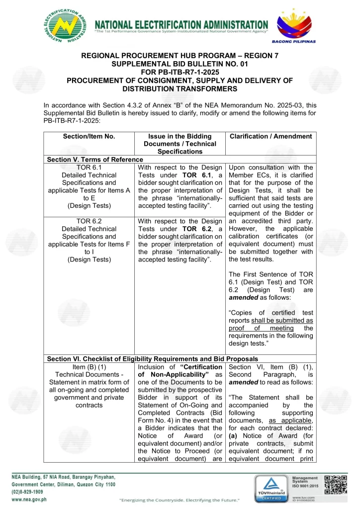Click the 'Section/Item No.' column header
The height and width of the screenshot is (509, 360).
(x=89, y=136)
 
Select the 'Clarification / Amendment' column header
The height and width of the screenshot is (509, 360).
(x=269, y=136)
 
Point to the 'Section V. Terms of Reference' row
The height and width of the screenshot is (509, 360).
(x=94, y=160)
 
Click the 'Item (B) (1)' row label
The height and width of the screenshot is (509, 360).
(x=89, y=367)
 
